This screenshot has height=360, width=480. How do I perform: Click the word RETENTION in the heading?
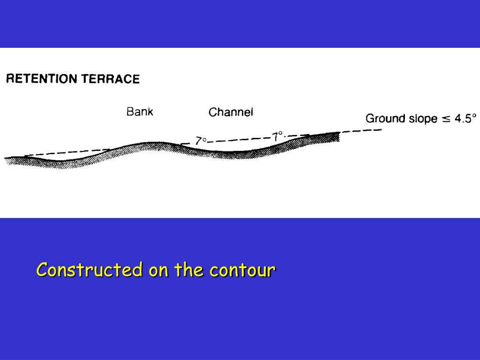[41, 79]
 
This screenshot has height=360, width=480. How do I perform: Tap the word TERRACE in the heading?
[111, 79]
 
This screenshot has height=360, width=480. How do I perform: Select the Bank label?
[140, 112]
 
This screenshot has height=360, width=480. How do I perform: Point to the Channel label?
[231, 112]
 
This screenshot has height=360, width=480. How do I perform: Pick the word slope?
[422, 118]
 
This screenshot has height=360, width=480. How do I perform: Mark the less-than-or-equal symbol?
[446, 119]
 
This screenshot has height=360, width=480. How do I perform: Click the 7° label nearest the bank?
[201, 140]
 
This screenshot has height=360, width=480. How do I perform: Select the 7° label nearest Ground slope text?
[278, 136]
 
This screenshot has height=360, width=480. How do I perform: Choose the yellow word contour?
[242, 270]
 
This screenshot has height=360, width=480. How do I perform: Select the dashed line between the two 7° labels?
[239, 139]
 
